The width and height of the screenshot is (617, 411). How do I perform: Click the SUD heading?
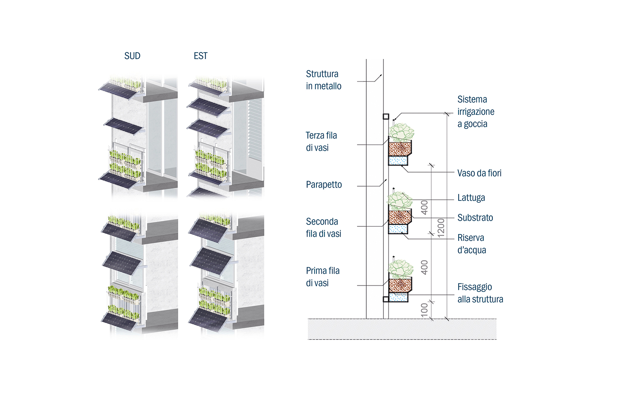pyautogui.click(x=132, y=56)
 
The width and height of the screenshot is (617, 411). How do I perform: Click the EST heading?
pyautogui.click(x=200, y=56)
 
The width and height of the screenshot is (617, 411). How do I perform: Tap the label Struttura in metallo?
pyautogui.click(x=323, y=80)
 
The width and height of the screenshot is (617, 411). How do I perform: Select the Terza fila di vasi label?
pyautogui.click(x=321, y=142)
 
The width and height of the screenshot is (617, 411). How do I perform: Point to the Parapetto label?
pyautogui.click(x=324, y=185)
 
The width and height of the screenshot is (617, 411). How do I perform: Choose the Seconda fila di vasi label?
pyautogui.click(x=323, y=228)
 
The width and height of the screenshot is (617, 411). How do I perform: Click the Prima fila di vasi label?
pyautogui.click(x=323, y=277)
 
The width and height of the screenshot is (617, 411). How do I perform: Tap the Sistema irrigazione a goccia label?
pyautogui.click(x=476, y=112)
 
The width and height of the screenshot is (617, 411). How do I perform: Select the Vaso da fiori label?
pyautogui.click(x=479, y=173)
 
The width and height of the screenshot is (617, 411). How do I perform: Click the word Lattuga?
pyautogui.click(x=471, y=198)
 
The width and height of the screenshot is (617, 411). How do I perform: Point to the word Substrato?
pyautogui.click(x=475, y=218)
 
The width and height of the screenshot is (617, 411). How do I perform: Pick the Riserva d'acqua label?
pyautogui.click(x=472, y=244)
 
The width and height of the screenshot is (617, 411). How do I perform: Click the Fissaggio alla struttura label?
pyautogui.click(x=480, y=293)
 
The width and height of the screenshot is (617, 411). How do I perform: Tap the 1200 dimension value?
pyautogui.click(x=441, y=228)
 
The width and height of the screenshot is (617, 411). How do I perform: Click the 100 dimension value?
pyautogui.click(x=424, y=310)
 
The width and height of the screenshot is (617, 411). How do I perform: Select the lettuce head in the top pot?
pyautogui.click(x=401, y=132)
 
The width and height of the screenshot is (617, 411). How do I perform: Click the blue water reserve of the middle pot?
pyautogui.click(x=398, y=229)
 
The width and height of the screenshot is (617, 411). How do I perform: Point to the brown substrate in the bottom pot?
pyautogui.click(x=400, y=285)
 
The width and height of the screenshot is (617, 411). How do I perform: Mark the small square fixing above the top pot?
pyautogui.click(x=386, y=116)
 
